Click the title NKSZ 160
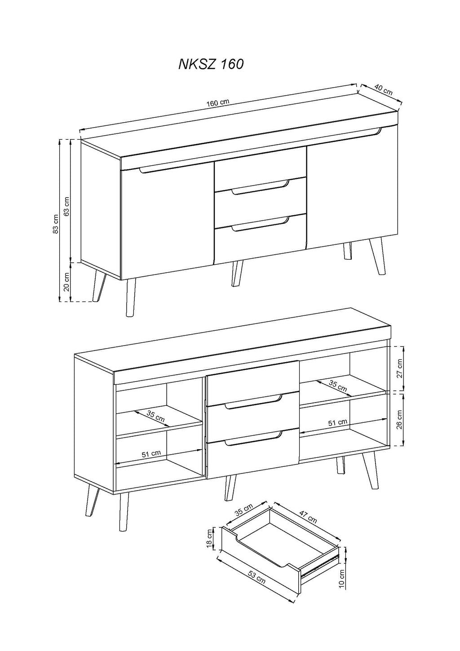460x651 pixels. point(211,64)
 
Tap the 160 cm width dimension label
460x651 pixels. point(218,102)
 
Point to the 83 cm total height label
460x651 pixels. point(56,223)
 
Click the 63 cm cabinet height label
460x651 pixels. point(67,206)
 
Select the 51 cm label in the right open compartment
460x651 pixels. point(338,422)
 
